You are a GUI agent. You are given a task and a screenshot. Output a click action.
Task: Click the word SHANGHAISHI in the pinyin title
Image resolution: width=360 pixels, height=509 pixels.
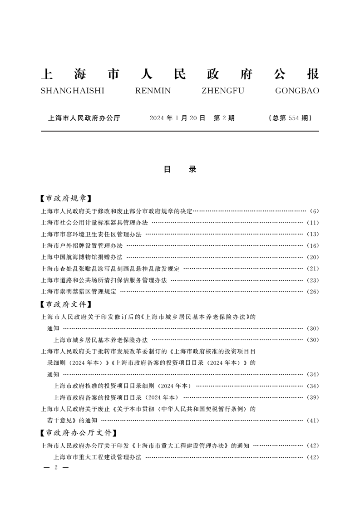coord(72,91)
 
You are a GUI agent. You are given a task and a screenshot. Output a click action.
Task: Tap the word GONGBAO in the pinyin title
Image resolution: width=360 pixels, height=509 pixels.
coord(297,91)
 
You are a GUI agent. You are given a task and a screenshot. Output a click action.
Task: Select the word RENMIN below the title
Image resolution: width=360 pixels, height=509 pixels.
coord(153,91)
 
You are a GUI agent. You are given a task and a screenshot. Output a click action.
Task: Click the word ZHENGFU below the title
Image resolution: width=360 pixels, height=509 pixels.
coord(222,91)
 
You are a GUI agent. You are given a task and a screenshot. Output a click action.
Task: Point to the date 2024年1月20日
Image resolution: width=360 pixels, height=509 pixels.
coord(178,118)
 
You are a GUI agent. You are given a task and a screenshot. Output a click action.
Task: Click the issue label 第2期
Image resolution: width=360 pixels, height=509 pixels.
coord(224,118)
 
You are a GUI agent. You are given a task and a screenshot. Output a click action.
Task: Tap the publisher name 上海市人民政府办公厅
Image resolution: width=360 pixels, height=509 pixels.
coord(84,118)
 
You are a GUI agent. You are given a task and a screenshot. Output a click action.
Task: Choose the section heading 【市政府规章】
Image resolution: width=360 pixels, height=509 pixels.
coord(64,198)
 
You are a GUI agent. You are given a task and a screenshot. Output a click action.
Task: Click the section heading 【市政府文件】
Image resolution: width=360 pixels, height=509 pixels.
coord(64,304)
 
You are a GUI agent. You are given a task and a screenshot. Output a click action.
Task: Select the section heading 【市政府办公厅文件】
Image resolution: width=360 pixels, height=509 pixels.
coord(77,433)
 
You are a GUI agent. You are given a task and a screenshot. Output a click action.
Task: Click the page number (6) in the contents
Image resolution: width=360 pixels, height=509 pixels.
coord(315,211)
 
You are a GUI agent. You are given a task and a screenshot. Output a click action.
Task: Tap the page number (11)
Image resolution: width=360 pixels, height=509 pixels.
coord(313,223)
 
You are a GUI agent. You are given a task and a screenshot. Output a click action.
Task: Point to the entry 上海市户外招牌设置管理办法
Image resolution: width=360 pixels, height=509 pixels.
coord(82,245)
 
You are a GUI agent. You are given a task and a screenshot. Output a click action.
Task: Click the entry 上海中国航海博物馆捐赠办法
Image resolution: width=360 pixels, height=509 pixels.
coord(82,257)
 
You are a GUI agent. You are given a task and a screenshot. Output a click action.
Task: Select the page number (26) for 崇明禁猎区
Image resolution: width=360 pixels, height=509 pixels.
coord(313,292)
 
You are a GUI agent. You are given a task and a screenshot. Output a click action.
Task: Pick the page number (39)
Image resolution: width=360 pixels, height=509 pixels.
coord(313,397)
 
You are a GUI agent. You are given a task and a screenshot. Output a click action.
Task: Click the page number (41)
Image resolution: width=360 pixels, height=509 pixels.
coord(313,421)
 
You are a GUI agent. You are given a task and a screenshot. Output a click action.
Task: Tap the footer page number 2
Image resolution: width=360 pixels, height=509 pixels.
coord(55,467)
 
